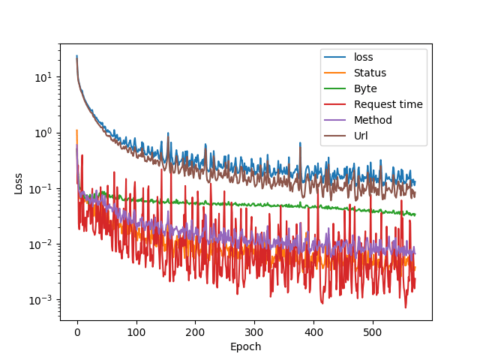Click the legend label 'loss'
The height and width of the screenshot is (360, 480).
click(x=363, y=57)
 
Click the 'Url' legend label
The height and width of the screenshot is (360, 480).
click(x=361, y=136)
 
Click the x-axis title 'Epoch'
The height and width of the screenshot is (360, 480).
click(x=246, y=347)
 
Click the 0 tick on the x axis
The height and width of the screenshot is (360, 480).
click(x=76, y=332)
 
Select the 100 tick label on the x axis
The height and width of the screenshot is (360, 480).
click(x=136, y=332)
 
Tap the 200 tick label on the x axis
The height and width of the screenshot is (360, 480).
click(x=195, y=332)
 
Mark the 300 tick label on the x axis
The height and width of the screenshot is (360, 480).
click(x=254, y=332)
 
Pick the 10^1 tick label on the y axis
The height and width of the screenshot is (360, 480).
click(x=43, y=76)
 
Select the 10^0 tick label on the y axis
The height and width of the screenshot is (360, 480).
click(x=43, y=133)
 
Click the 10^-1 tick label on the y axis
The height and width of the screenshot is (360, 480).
click(x=42, y=188)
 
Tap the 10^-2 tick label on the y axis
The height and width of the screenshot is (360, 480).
click(x=42, y=244)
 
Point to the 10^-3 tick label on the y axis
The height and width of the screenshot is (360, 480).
click(x=42, y=300)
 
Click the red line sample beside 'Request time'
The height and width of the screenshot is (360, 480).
click(x=336, y=104)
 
